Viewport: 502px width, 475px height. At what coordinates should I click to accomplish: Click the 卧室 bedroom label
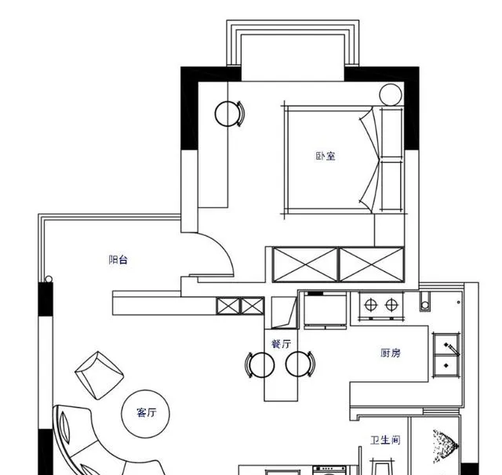click(326, 156)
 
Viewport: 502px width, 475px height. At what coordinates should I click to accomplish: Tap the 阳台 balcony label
click(118, 259)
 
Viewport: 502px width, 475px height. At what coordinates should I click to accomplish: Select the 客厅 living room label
click(147, 412)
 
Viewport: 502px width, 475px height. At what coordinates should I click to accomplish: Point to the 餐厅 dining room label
click(282, 344)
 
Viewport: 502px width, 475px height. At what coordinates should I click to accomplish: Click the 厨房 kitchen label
click(391, 353)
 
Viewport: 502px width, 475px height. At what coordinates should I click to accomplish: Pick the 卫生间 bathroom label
click(385, 441)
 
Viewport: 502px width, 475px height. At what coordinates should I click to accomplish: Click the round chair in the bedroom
click(229, 114)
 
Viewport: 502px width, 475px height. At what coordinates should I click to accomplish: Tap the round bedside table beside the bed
click(391, 95)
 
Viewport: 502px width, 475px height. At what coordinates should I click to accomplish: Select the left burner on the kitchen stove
click(370, 305)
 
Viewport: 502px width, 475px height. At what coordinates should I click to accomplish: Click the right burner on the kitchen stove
click(391, 305)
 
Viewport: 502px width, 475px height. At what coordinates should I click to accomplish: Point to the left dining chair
click(260, 364)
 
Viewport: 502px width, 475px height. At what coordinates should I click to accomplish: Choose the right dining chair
click(300, 364)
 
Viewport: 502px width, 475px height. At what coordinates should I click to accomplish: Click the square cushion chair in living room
click(100, 375)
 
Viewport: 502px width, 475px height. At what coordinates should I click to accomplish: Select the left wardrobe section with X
click(305, 265)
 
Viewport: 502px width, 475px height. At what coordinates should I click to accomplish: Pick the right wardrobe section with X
click(371, 265)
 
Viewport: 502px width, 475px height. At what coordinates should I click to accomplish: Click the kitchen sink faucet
click(452, 349)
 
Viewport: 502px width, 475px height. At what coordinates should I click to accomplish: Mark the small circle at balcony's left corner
click(49, 279)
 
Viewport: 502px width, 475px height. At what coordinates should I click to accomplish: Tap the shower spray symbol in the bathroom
click(445, 446)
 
